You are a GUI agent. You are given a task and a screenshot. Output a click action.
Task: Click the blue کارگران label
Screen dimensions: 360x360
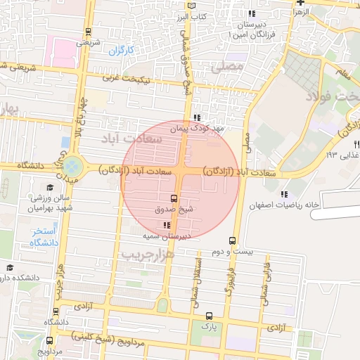[121, 51]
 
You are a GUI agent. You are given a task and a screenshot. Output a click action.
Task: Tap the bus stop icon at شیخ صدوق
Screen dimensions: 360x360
[174, 198]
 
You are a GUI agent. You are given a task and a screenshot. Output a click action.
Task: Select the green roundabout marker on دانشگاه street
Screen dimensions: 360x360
[72, 167]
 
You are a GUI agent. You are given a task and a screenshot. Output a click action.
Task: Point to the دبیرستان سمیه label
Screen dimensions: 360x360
[167, 236]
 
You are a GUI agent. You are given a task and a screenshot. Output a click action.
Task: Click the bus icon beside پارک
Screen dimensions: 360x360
[208, 316]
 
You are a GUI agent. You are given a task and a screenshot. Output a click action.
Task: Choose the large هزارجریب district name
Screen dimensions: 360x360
[147, 252]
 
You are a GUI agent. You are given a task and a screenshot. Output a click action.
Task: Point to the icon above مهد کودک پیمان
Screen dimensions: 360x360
[198, 117]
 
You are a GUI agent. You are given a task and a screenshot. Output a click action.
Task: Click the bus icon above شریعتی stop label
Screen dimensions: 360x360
[87, 32]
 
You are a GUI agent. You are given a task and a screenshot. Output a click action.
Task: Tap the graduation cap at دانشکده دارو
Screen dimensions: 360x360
[10, 267]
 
